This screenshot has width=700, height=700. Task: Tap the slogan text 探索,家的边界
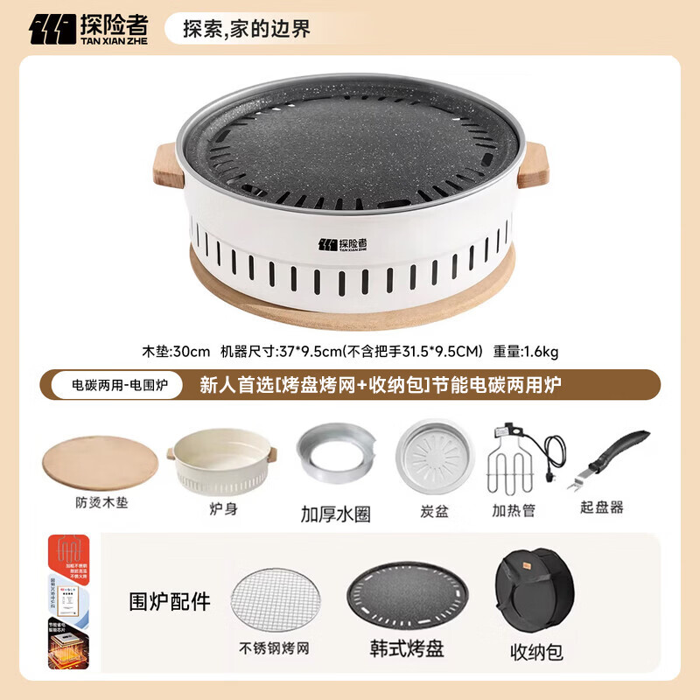pyautogui.click(x=246, y=29)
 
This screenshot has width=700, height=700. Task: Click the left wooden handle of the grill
pyautogui.click(x=168, y=166)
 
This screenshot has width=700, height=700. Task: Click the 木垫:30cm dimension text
pyautogui.click(x=176, y=352)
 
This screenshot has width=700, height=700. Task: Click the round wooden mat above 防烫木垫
pyautogui.click(x=100, y=465)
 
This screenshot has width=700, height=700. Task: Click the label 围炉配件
pyautogui.click(x=170, y=601)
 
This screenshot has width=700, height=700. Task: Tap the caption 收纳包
pyautogui.click(x=536, y=651)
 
